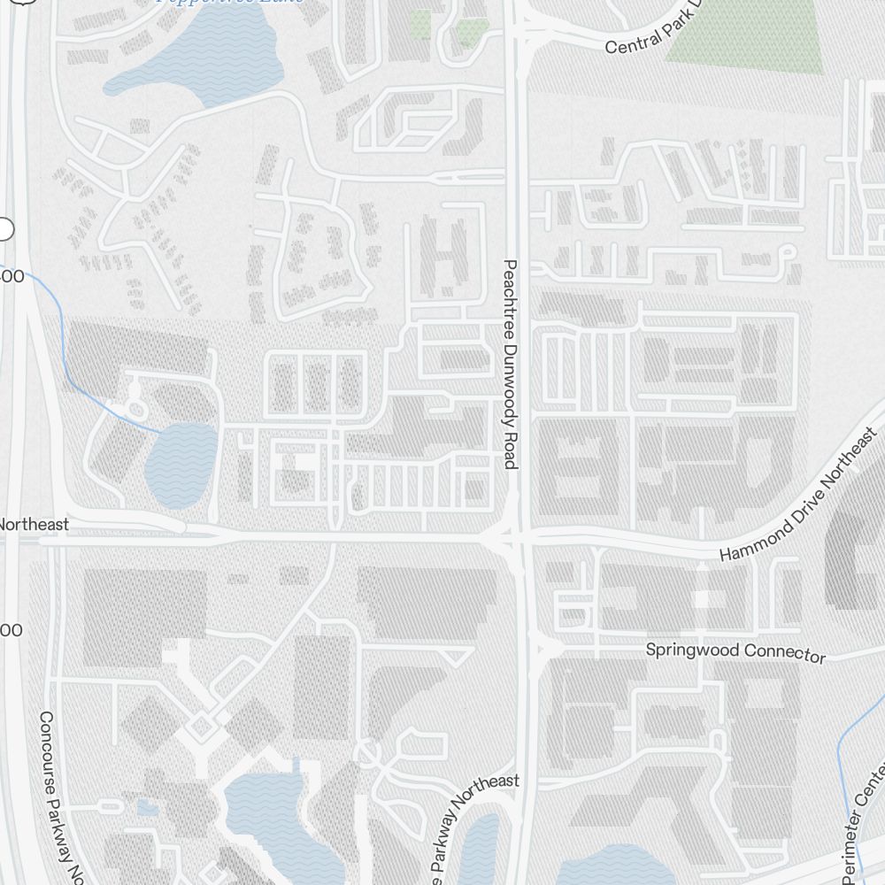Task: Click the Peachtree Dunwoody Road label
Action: point(509,364)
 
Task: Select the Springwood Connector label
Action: point(735,651)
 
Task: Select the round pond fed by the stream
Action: point(181,465)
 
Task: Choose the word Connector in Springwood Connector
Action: point(783,653)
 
